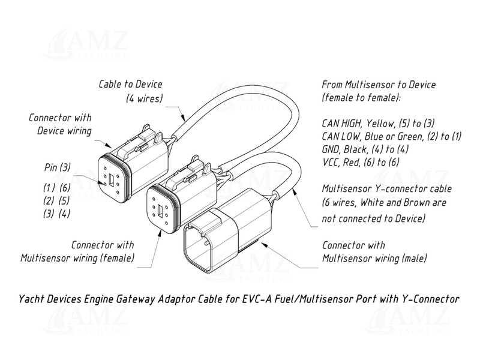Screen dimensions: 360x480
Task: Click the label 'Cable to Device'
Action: [x=130, y=85]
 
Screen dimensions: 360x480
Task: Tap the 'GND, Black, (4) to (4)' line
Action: [x=367, y=149]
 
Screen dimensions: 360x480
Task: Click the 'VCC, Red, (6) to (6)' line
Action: [x=361, y=163]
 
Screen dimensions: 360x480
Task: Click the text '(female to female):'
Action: [x=360, y=98]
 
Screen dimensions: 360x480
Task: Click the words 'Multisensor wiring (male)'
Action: [x=374, y=259]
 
